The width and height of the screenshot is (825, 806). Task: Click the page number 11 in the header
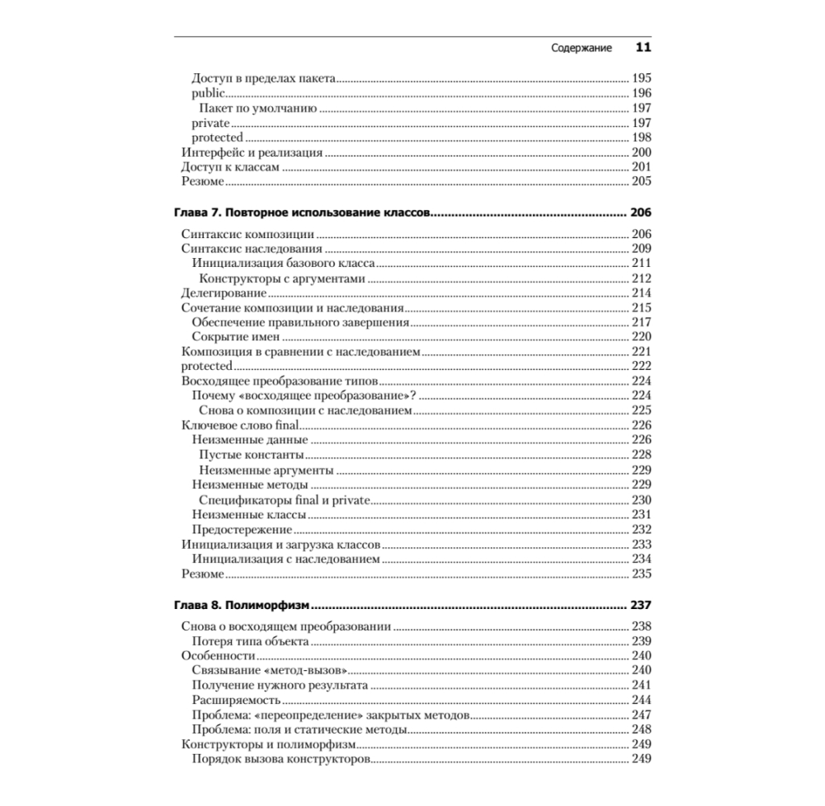point(643,47)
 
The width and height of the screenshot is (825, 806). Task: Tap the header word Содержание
point(582,48)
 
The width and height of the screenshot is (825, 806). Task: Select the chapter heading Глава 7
point(303,212)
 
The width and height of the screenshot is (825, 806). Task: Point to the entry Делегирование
point(223,293)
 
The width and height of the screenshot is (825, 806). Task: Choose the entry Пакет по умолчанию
point(258,108)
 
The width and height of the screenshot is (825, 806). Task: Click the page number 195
point(641,78)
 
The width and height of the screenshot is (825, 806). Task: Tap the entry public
point(208,93)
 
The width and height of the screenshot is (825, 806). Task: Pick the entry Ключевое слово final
point(238,425)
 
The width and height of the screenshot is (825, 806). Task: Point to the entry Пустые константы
point(252,455)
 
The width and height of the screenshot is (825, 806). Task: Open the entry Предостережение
point(242,529)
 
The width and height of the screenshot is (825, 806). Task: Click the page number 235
point(641,574)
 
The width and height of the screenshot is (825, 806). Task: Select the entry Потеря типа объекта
point(250,640)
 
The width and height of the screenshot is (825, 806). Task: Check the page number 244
point(641,700)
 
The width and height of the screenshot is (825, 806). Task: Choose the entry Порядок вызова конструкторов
point(280,759)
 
